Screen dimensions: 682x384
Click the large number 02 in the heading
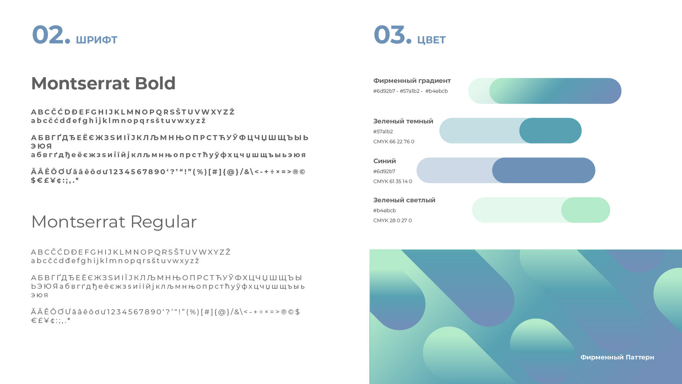point(48,35)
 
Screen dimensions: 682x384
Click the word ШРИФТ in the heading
point(97,40)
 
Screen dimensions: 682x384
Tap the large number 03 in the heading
point(390,35)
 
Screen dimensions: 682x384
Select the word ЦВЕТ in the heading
point(432,40)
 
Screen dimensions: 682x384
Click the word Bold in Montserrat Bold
point(155,83)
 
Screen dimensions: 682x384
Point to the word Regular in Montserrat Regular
point(164,222)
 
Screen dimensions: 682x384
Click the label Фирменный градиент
point(412,81)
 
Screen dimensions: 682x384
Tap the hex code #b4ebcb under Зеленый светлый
point(384,210)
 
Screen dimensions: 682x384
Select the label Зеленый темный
point(403,121)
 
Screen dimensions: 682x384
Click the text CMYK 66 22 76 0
point(394,142)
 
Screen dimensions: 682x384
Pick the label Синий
point(384,161)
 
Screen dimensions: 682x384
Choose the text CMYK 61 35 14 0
point(393,182)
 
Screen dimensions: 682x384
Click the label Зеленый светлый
point(404,200)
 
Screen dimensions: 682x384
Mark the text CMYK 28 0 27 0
point(393,221)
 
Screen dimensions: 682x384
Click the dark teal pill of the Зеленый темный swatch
point(550,131)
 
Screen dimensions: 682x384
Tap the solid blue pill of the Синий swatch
point(544,170)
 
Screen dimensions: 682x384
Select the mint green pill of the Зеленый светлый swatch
point(586,210)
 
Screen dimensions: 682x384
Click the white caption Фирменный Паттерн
point(617,357)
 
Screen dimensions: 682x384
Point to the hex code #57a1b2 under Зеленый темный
point(383,132)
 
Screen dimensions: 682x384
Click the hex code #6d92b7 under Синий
point(384,171)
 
